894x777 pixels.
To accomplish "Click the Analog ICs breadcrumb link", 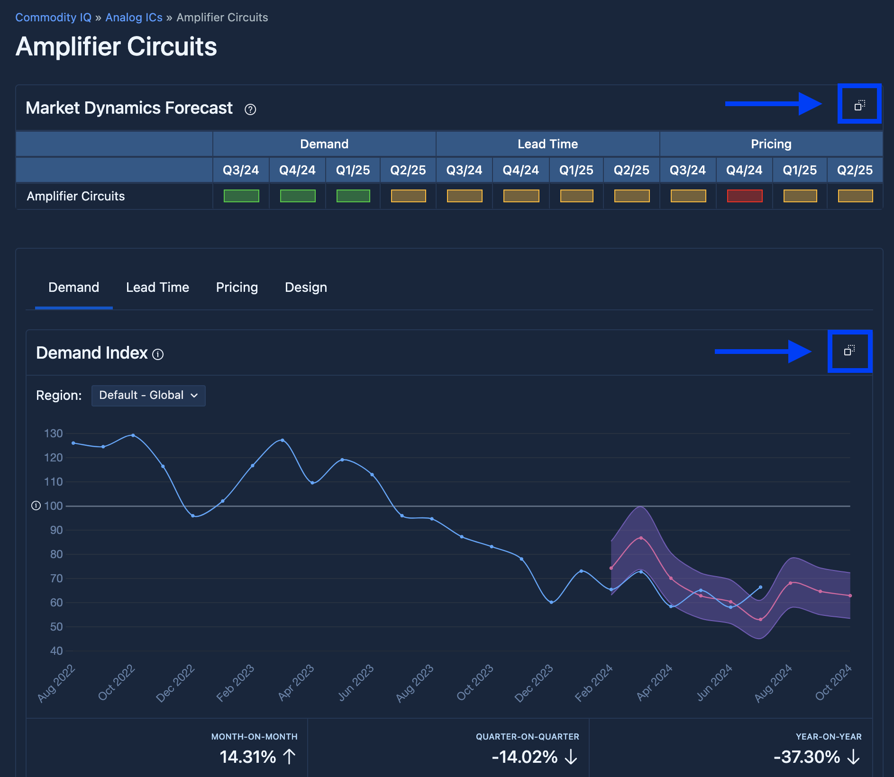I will (134, 18).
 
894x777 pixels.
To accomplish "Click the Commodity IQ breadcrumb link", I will (53, 18).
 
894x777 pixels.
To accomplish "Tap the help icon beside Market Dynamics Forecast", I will (250, 109).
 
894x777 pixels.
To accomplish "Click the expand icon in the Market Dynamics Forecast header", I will (859, 105).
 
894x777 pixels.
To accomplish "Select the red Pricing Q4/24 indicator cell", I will (744, 196).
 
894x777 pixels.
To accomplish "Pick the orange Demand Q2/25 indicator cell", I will (408, 196).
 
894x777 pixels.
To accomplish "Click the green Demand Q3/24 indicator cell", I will (241, 196).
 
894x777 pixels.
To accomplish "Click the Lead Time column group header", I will (547, 144).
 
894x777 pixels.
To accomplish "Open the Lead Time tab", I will (157, 287).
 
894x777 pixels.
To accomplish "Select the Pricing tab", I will (237, 287).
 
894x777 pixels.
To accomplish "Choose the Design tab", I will (306, 287).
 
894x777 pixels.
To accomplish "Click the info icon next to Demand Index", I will (158, 354).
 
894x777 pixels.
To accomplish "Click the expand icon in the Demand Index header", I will (849, 351).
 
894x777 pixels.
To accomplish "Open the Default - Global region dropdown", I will (148, 395).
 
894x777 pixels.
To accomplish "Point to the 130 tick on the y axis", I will (54, 434).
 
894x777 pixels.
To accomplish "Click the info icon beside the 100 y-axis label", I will (36, 506).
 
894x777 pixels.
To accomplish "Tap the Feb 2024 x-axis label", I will (594, 683).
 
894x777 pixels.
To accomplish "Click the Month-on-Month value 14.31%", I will (248, 757).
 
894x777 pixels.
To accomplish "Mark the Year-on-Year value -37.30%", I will (807, 757).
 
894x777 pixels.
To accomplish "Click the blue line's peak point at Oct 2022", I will (133, 435).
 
